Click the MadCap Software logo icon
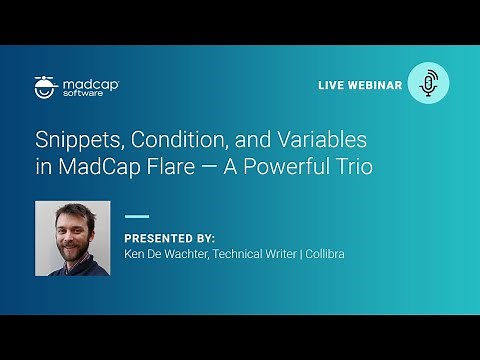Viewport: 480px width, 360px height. [44, 86]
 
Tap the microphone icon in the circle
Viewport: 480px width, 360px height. [429, 84]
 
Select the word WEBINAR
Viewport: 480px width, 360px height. [375, 86]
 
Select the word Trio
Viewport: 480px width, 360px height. [354, 167]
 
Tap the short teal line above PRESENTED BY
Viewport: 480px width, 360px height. [137, 215]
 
